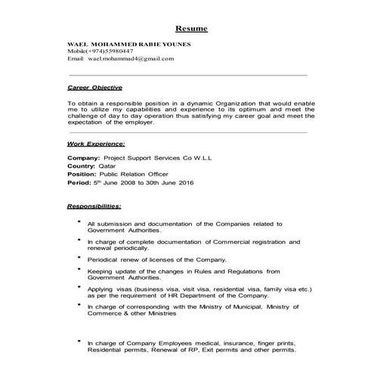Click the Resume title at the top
coord(191,29)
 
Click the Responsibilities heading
coord(94,206)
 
